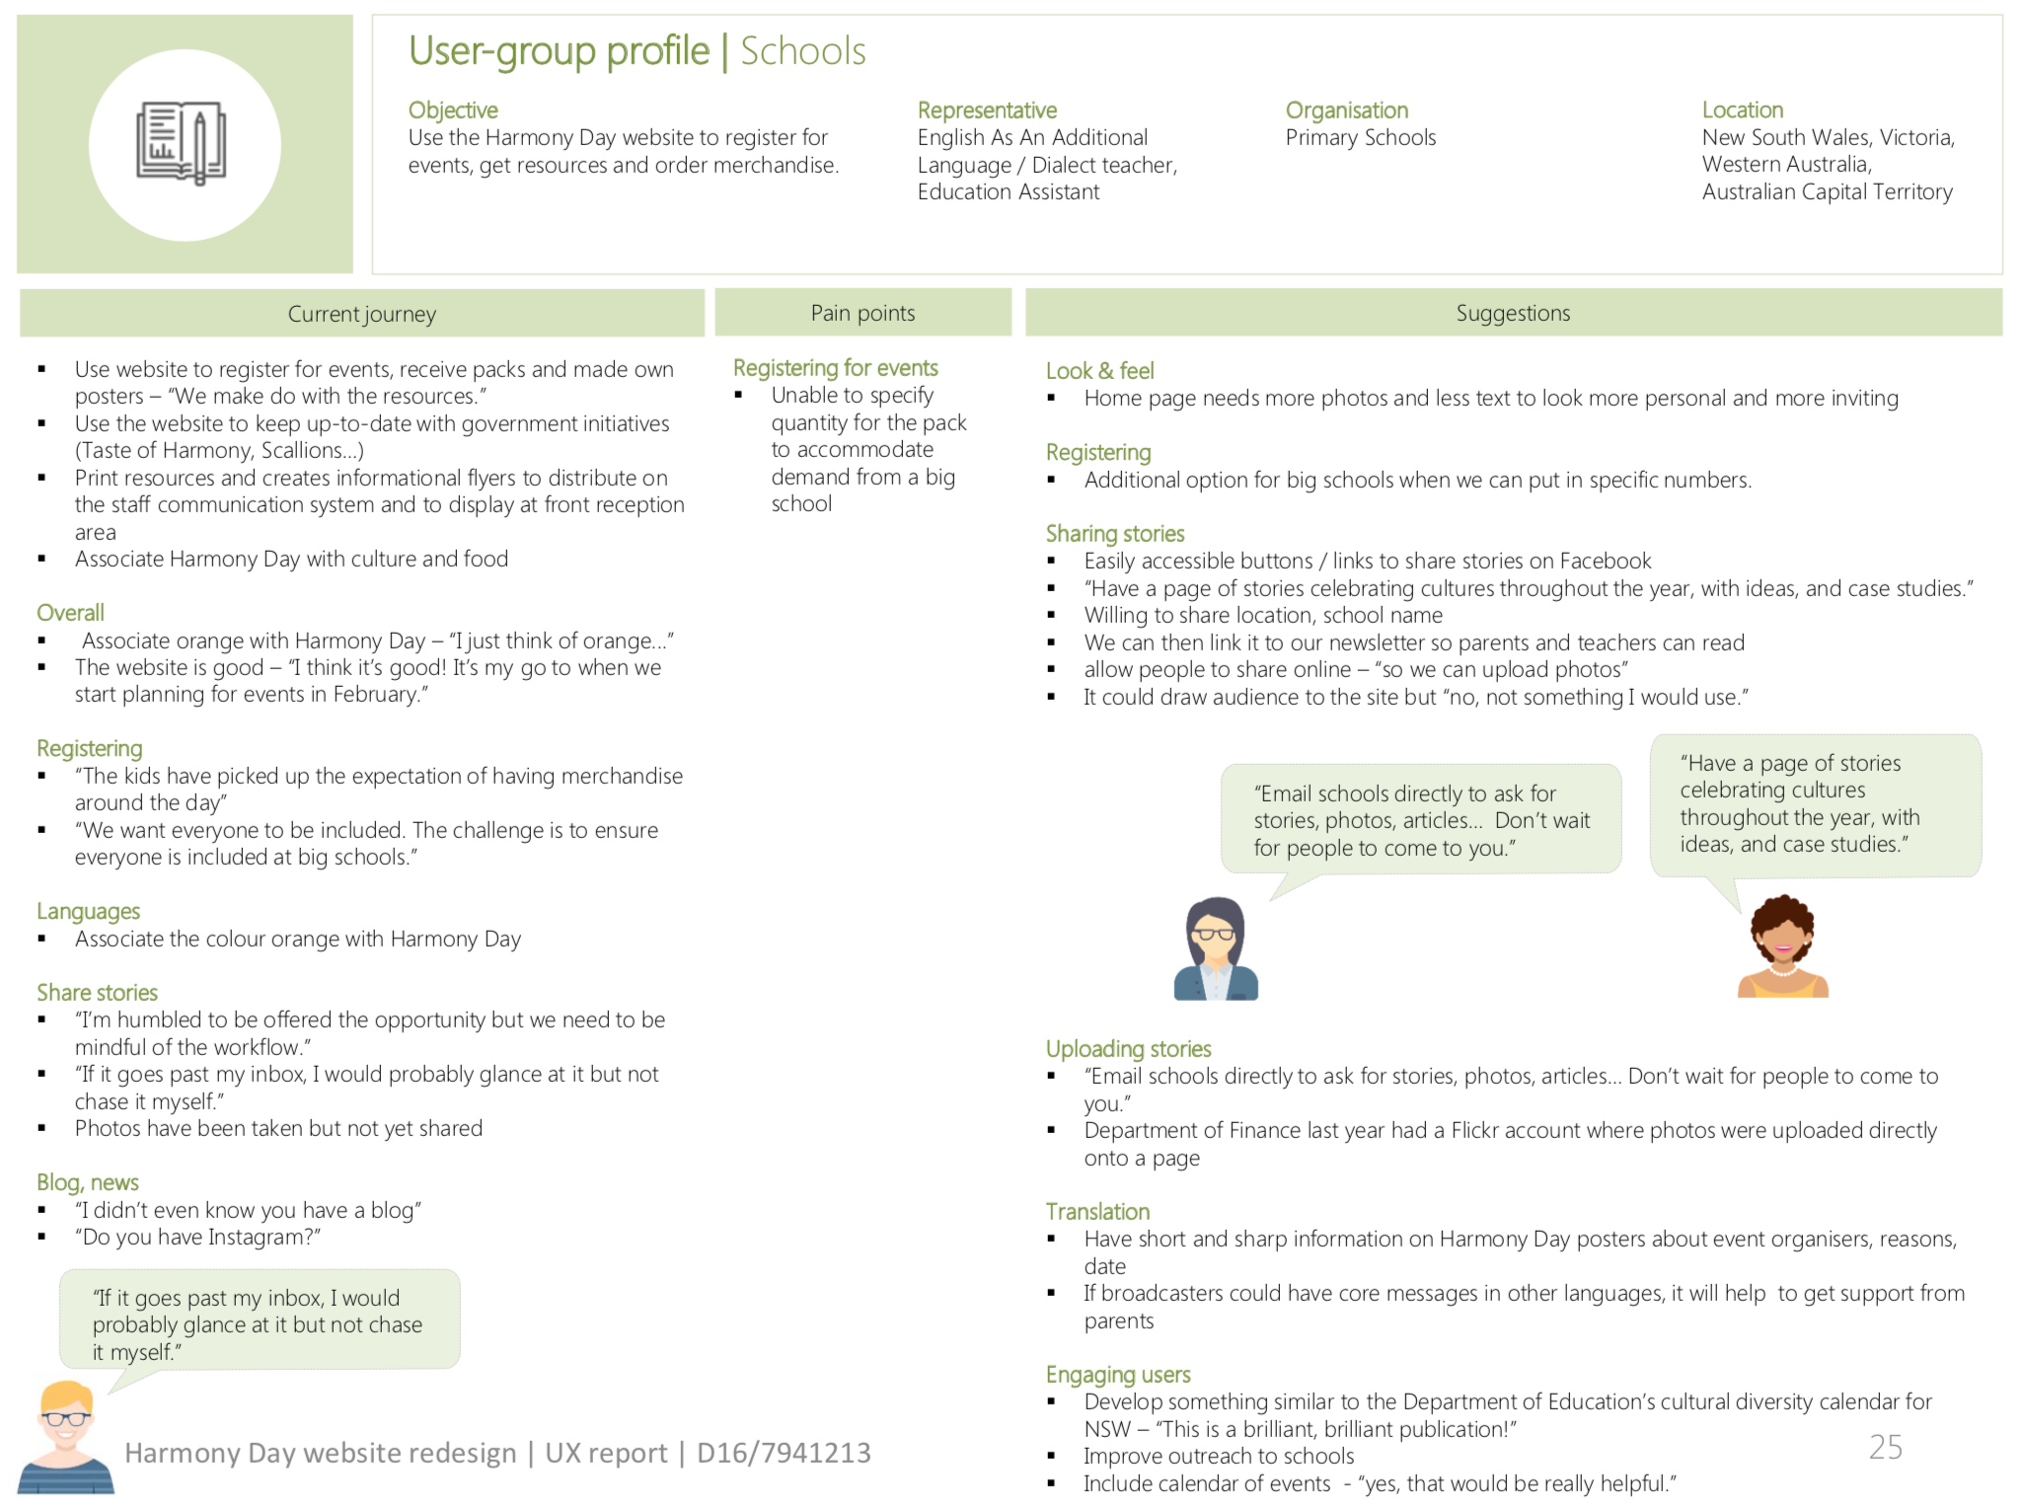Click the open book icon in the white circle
click(x=182, y=144)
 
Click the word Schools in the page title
click(x=802, y=51)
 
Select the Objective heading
click(x=453, y=110)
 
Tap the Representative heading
click(x=986, y=110)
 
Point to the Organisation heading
click(x=1346, y=110)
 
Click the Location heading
click(x=1742, y=110)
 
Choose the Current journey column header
click(x=361, y=314)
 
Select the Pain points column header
click(x=862, y=313)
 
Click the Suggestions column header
click(x=1512, y=313)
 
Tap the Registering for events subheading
click(x=835, y=368)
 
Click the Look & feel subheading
click(x=1099, y=371)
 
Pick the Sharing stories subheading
click(x=1114, y=534)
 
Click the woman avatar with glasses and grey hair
click(x=1216, y=948)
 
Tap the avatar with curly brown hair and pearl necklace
click(x=1782, y=946)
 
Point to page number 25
click(x=1885, y=1447)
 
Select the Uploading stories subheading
click(x=1128, y=1049)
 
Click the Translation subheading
click(x=1097, y=1212)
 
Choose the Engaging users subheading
click(x=1117, y=1375)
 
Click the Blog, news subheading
click(x=88, y=1182)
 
